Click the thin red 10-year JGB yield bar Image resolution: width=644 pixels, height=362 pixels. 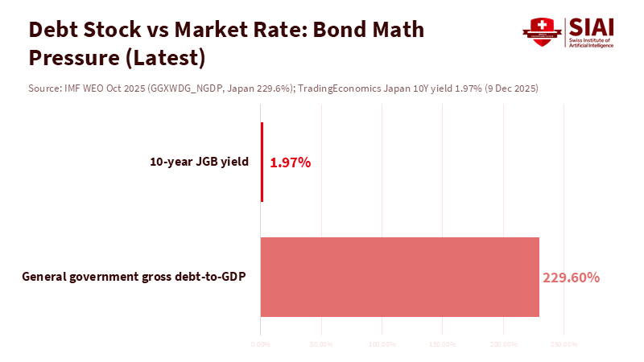[262, 162]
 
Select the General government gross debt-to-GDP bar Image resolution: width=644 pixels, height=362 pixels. [399, 277]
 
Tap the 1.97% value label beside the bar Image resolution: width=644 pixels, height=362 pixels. [291, 162]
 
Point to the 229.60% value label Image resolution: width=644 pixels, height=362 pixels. [571, 278]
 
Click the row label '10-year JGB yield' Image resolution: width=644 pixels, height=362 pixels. [199, 162]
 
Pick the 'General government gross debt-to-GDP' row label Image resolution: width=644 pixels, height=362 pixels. [134, 277]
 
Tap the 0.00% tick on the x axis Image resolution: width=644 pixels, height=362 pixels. [261, 344]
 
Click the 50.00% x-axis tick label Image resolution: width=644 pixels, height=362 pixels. [321, 344]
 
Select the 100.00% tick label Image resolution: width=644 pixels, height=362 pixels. [382, 344]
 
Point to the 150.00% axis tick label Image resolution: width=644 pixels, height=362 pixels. [442, 344]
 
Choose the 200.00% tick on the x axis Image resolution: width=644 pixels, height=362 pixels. [503, 344]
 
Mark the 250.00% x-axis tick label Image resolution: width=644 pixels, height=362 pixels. [563, 344]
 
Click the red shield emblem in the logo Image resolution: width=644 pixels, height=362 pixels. [541, 32]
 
